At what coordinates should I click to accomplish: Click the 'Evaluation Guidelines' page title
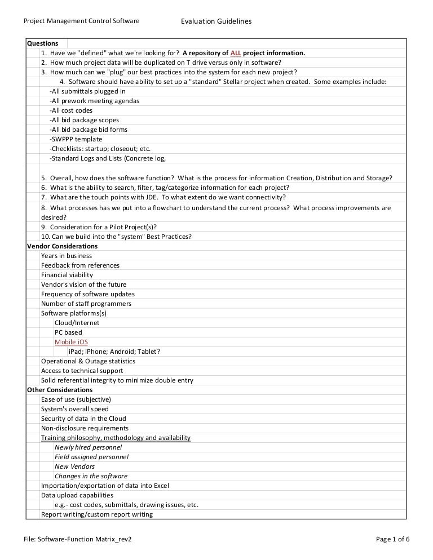216,21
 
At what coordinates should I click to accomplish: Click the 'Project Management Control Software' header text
81,21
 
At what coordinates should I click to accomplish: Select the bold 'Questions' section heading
43,43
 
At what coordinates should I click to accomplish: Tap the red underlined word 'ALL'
236,53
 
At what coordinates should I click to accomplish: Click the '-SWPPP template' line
76,139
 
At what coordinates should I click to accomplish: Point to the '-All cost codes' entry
71,110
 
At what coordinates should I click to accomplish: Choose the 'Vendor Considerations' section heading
62,246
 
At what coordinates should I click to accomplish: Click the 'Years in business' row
66,256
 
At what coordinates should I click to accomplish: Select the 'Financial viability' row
67,275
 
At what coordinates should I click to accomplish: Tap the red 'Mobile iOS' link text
71,342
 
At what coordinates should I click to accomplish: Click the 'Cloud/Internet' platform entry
77,323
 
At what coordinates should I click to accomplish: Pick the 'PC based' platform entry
68,332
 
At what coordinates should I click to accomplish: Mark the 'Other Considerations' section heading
60,390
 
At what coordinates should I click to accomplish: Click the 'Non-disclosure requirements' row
85,428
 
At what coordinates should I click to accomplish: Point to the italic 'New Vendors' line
74,466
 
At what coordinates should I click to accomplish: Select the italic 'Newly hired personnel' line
88,447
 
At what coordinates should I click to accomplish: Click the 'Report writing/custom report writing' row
96,514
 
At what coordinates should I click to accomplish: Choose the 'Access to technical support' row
82,371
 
